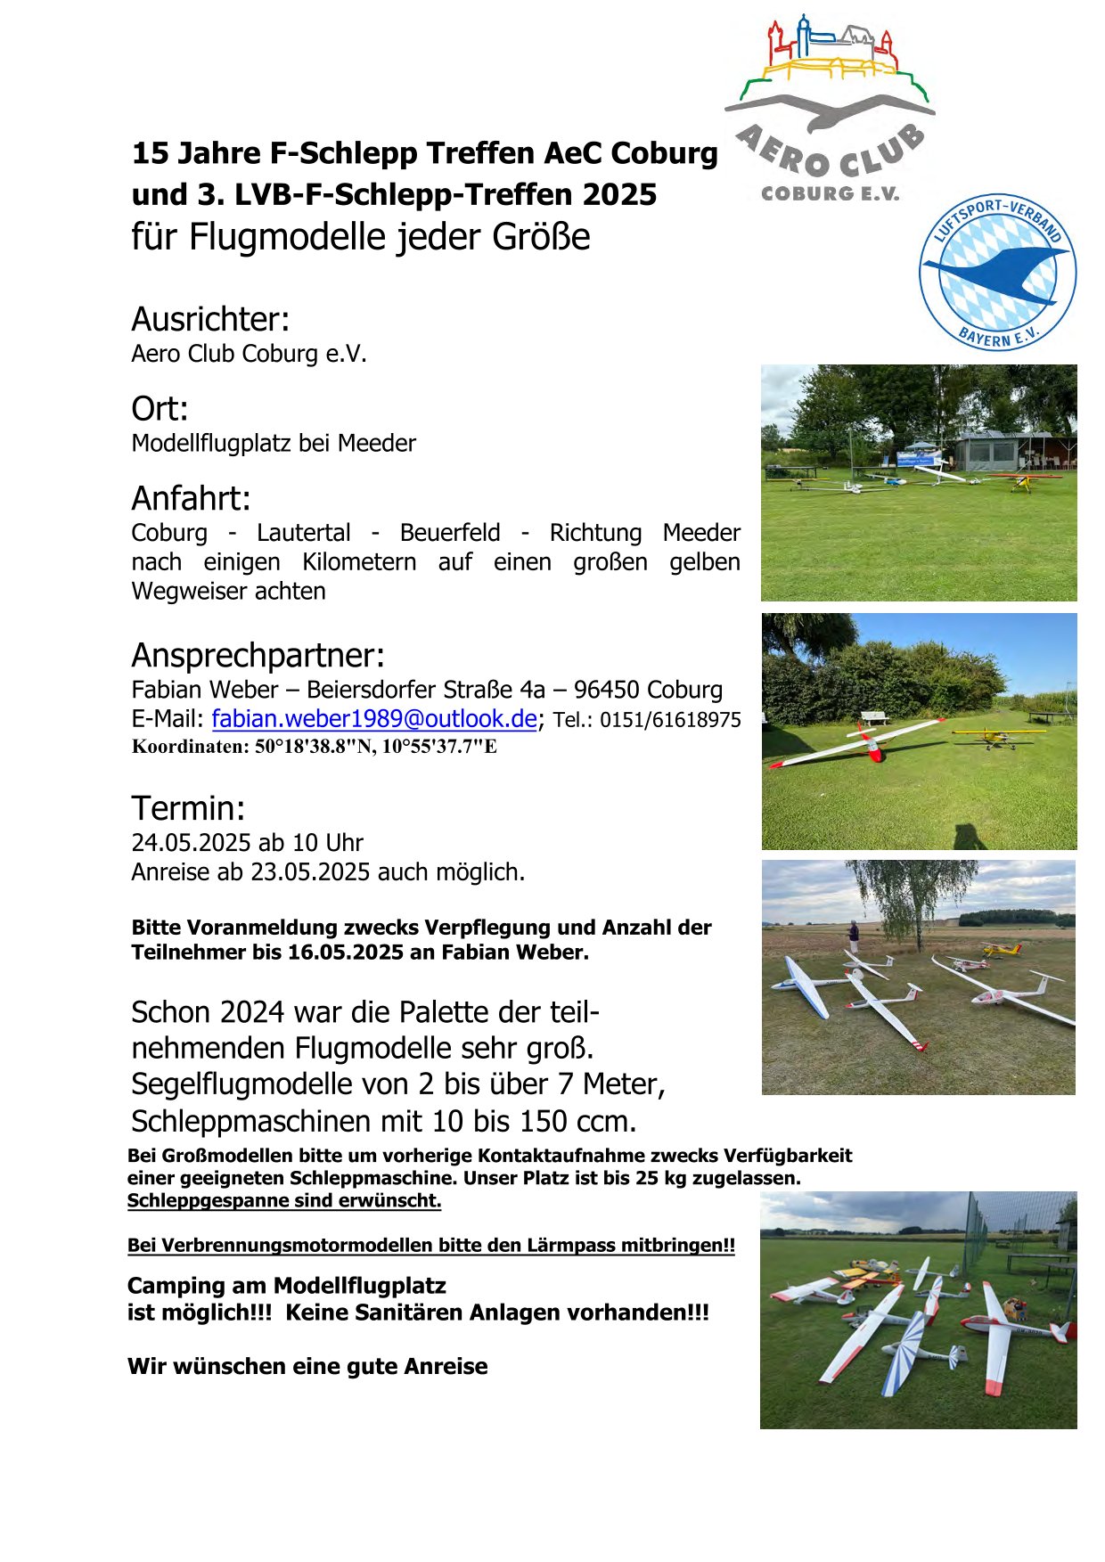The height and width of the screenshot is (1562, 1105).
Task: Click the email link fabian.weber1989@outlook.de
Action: pyautogui.click(x=373, y=719)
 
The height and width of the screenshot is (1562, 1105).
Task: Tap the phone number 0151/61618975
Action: pyautogui.click(x=669, y=720)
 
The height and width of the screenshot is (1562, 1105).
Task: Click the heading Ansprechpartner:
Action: pyautogui.click(x=258, y=655)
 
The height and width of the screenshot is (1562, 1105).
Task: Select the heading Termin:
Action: pyautogui.click(x=188, y=808)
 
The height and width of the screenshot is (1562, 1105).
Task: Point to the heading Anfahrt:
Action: pyautogui.click(x=191, y=498)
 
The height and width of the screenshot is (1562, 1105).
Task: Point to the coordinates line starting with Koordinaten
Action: pyautogui.click(x=314, y=747)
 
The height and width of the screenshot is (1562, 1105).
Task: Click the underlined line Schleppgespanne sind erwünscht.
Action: pyautogui.click(x=283, y=1200)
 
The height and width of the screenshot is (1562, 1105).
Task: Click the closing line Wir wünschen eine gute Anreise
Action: pyautogui.click(x=307, y=1367)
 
